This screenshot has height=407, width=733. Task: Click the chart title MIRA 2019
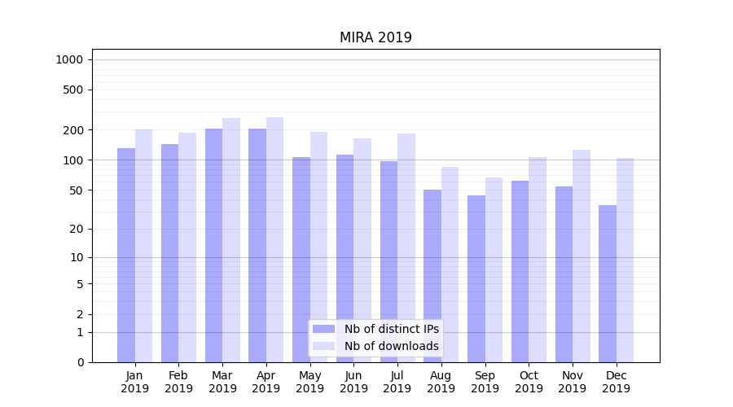(375, 38)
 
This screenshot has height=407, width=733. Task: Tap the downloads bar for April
(274, 239)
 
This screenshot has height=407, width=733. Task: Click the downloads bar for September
(494, 269)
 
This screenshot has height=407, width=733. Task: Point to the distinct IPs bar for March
(213, 245)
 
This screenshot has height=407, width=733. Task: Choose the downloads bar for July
(406, 247)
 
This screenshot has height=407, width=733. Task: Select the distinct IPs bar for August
(432, 276)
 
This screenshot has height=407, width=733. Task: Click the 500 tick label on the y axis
(74, 90)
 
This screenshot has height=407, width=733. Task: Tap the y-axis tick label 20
(77, 229)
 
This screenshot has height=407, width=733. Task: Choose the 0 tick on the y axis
(80, 362)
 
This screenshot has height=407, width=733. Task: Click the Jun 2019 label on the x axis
(353, 382)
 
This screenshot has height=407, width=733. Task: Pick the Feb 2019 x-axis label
(178, 382)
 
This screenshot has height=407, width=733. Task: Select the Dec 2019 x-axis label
(616, 382)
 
